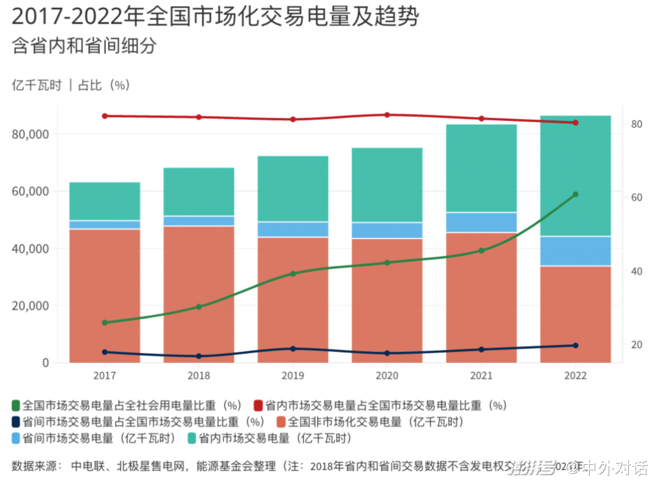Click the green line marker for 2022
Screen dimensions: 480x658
(x=575, y=194)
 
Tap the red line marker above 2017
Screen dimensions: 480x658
(x=105, y=116)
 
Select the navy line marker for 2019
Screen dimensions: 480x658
(x=293, y=349)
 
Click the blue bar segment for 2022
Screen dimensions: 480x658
(x=575, y=251)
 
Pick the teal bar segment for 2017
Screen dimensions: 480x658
(x=105, y=201)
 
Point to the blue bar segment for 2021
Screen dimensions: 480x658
(x=481, y=222)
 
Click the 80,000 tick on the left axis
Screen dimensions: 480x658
(x=30, y=134)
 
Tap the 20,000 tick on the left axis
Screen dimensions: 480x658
(x=30, y=306)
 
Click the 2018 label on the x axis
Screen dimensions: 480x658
(x=199, y=375)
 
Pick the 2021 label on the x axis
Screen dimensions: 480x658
(x=481, y=375)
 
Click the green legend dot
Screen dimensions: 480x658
(x=16, y=405)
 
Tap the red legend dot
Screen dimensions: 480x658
(x=258, y=405)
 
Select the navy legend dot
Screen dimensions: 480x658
(x=16, y=422)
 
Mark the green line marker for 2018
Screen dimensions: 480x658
(x=199, y=306)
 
